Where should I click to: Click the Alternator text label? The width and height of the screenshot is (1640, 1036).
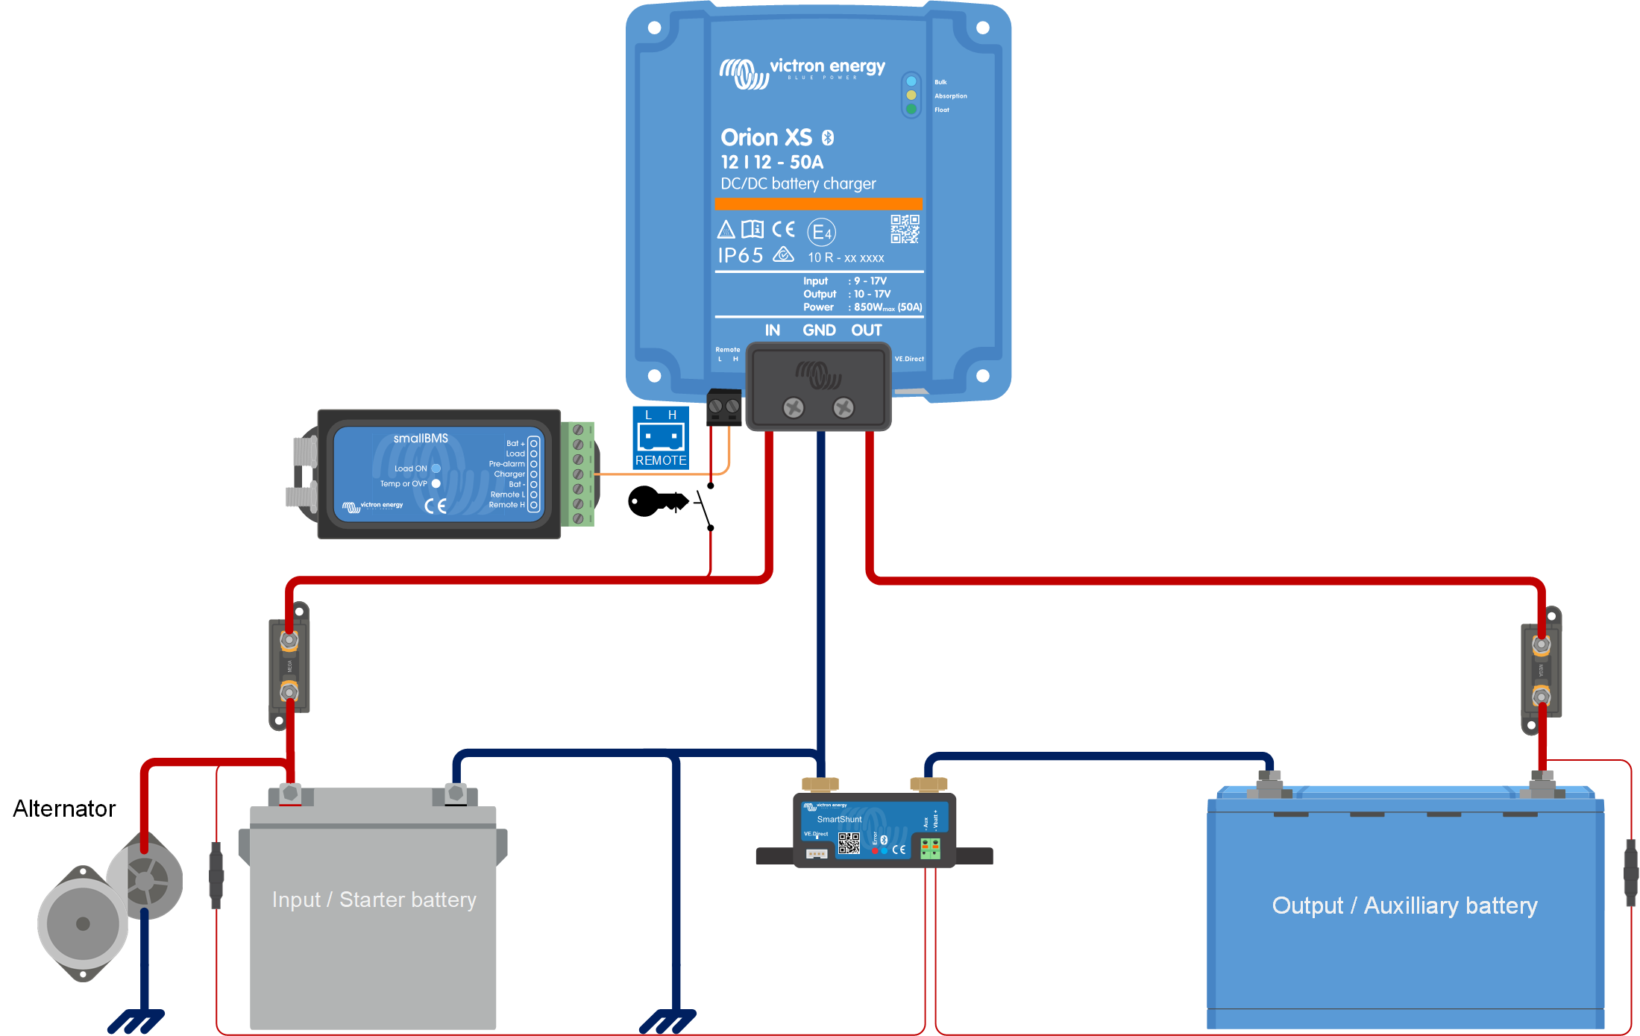point(64,809)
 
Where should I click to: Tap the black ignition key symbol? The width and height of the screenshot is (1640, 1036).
point(657,501)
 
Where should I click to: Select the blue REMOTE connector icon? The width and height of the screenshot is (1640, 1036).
point(661,438)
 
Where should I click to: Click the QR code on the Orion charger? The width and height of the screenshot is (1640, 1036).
point(905,229)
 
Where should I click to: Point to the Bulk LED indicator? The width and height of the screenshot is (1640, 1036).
point(911,81)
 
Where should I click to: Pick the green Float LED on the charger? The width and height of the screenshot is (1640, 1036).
point(911,109)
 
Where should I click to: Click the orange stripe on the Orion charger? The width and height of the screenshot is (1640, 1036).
point(818,204)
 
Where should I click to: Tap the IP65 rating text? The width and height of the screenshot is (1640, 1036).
point(741,256)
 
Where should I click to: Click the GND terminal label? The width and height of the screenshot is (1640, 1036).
point(819,330)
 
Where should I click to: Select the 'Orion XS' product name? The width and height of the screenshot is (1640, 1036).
point(766,137)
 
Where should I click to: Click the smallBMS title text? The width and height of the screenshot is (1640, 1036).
point(421,439)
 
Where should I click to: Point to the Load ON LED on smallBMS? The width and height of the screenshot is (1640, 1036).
point(436,468)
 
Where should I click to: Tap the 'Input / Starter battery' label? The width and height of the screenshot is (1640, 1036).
point(374,900)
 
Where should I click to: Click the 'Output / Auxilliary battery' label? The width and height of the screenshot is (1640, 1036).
point(1404,905)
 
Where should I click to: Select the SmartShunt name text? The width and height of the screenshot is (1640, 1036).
point(839,819)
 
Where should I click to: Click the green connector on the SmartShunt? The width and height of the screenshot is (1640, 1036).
point(930,848)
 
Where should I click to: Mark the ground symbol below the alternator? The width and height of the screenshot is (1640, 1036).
point(136,1020)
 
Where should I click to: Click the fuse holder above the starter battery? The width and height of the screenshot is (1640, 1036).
point(289,665)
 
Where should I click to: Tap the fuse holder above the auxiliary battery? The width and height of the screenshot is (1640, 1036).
point(1541,671)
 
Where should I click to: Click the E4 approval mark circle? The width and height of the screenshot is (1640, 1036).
point(821,233)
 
